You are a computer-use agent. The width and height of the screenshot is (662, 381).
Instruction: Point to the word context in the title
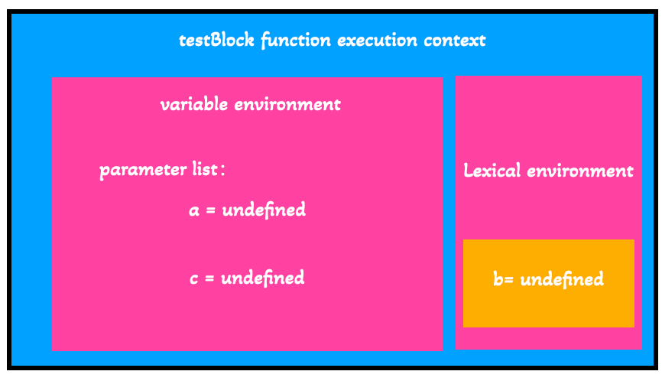pos(456,40)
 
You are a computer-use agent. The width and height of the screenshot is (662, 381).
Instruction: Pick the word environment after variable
pos(287,104)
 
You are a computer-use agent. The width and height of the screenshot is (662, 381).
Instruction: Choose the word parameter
pos(143,170)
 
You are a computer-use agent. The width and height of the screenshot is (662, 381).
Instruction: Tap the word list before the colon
pos(205,169)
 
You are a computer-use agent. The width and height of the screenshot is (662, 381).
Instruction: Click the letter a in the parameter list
pos(194,210)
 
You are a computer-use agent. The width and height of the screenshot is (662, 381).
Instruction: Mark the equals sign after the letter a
pos(211,210)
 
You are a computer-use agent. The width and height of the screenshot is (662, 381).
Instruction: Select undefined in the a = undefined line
pos(264,210)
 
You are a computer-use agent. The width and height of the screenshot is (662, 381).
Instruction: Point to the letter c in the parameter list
pos(194,278)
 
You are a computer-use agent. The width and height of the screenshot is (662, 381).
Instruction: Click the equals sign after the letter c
pos(210,278)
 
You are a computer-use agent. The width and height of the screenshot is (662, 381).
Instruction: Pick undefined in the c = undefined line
pos(263,278)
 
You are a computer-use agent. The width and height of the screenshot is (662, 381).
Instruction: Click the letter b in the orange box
pos(498,279)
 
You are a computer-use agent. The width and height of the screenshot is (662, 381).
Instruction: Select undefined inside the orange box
pos(562,279)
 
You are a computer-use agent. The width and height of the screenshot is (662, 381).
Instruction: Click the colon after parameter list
pos(222,170)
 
